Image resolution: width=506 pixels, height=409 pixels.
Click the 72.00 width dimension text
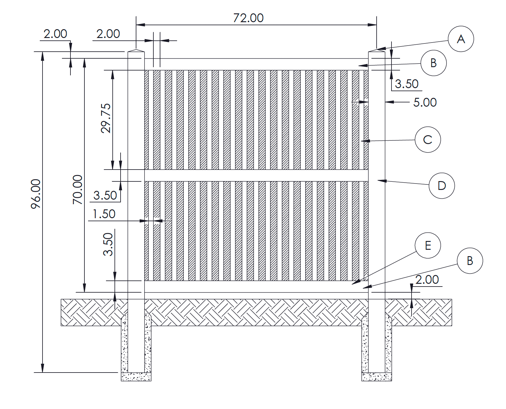click(248, 18)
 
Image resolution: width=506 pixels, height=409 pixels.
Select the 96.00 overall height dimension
click(36, 194)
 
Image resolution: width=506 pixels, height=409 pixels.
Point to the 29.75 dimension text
click(106, 118)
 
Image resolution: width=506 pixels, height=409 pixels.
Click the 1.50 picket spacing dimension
click(104, 214)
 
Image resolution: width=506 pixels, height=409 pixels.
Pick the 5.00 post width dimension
click(425, 102)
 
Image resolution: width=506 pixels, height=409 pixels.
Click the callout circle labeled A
click(461, 39)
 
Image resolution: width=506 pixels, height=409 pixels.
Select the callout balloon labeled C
click(428, 139)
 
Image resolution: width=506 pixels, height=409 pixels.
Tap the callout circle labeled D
click(442, 186)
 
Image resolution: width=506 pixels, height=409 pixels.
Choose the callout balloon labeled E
click(428, 246)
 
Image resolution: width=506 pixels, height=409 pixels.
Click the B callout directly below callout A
click(433, 63)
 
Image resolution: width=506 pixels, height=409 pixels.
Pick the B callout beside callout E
click(470, 261)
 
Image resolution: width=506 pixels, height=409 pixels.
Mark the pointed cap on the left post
click(136, 50)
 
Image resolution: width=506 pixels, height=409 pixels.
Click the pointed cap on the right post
click(377, 50)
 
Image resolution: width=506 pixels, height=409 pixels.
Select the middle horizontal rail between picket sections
click(256, 175)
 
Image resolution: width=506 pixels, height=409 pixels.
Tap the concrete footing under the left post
click(136, 376)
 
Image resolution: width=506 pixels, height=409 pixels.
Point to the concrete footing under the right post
click(377, 376)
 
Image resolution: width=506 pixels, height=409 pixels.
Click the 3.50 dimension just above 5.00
click(407, 84)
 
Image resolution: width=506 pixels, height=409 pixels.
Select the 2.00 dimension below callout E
click(427, 280)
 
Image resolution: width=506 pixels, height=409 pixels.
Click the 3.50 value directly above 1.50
click(105, 195)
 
